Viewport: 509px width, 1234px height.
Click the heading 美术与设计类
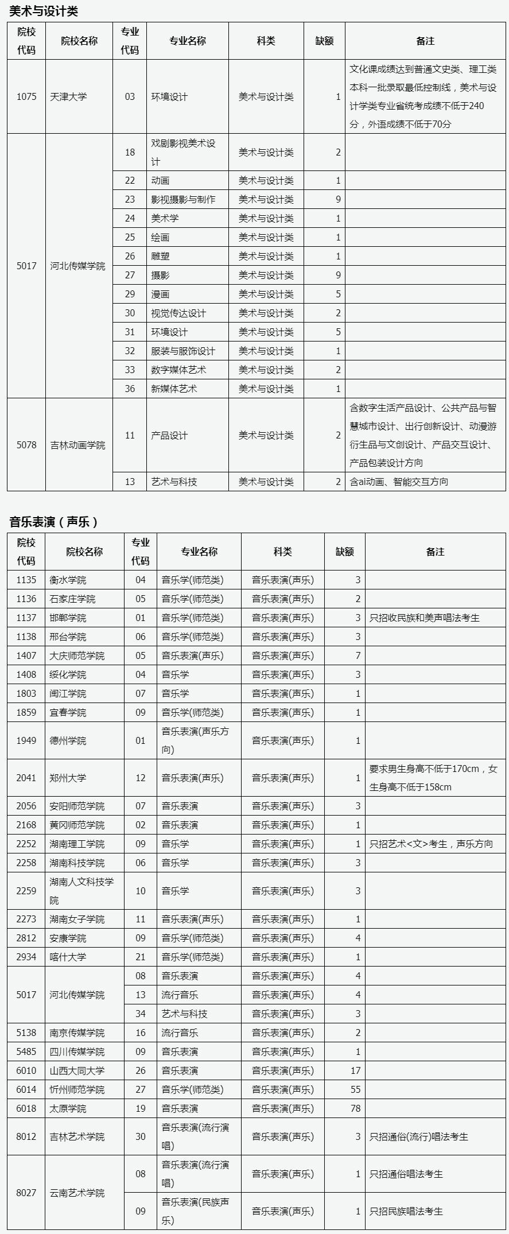(44, 11)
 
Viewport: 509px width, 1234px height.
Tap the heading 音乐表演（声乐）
(54, 521)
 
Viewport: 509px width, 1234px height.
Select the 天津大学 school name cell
(68, 96)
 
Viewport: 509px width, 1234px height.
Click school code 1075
(26, 96)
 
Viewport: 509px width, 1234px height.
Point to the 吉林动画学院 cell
(78, 445)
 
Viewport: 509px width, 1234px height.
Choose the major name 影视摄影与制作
(183, 199)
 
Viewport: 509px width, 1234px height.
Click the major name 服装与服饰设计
(183, 351)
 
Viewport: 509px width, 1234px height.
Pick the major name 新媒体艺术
(174, 389)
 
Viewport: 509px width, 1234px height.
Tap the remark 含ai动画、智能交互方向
(399, 482)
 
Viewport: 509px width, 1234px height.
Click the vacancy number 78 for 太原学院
(355, 1108)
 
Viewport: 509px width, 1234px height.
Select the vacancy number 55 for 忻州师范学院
(355, 1089)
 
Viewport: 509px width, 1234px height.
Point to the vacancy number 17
(355, 1070)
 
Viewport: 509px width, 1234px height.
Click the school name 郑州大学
(68, 778)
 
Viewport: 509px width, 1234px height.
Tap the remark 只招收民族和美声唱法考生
(425, 618)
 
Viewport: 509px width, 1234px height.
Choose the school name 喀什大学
(68, 957)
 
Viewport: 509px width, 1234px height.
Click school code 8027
(26, 1193)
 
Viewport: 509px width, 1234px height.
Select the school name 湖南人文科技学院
(81, 891)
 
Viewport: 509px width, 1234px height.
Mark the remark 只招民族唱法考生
(406, 1211)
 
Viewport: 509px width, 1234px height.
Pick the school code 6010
(26, 1070)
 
